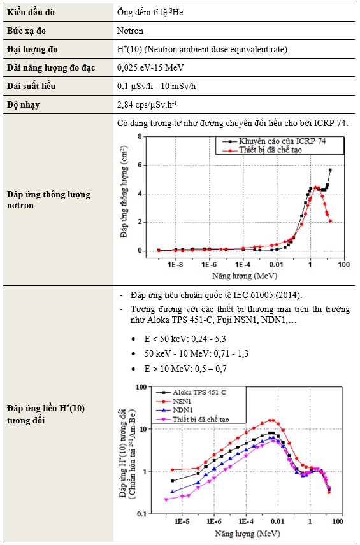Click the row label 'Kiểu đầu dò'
coord(31,12)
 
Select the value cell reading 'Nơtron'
coord(130,31)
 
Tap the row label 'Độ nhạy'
coord(23,104)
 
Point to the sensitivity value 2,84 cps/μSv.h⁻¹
coord(147,104)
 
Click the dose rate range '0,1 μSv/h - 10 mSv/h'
coord(156,86)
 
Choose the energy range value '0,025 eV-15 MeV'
coord(150,67)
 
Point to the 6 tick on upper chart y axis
coord(140,165)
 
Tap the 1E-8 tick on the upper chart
coord(175,265)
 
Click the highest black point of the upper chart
coord(330,170)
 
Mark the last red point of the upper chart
coord(330,221)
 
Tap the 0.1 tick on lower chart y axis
coord(141,514)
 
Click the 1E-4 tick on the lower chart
coord(246,521)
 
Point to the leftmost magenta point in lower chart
coord(166,499)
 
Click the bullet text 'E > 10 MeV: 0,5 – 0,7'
coord(185,369)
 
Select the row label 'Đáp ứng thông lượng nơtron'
coord(48,200)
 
